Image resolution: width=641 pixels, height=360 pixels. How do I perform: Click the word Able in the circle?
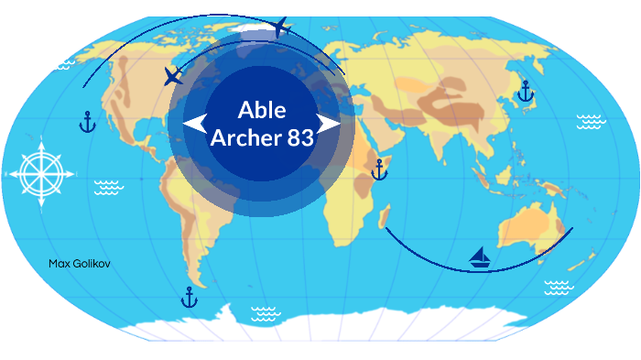click(262, 111)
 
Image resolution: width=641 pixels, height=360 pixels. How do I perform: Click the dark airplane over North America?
click(172, 76)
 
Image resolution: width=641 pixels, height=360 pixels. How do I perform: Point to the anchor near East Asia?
click(525, 91)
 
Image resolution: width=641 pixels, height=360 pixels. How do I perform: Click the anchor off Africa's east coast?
click(379, 169)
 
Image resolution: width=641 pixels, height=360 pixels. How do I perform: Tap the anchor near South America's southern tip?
click(190, 297)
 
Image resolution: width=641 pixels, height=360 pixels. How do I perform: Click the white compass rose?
click(37, 172)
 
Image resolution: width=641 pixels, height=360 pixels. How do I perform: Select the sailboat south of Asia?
click(480, 257)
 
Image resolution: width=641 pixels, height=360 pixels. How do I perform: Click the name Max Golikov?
click(79, 264)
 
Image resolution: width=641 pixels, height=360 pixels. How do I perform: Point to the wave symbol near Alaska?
click(62, 64)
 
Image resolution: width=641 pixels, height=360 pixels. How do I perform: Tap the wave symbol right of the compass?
click(109, 187)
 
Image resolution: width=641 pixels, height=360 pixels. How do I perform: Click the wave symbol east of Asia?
click(590, 122)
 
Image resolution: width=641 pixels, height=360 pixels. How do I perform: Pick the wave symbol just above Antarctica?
click(266, 313)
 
